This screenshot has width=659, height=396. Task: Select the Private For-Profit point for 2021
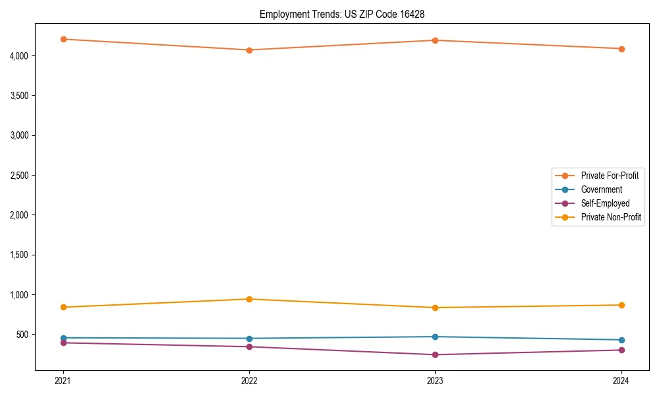[63, 39]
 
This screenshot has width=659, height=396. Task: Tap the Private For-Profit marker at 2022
[249, 50]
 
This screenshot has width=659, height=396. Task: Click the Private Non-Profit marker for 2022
[249, 299]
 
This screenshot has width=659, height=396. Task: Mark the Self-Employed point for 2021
[63, 343]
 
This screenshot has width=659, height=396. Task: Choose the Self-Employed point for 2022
[249, 346]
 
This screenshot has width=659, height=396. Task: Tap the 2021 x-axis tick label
[63, 381]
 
